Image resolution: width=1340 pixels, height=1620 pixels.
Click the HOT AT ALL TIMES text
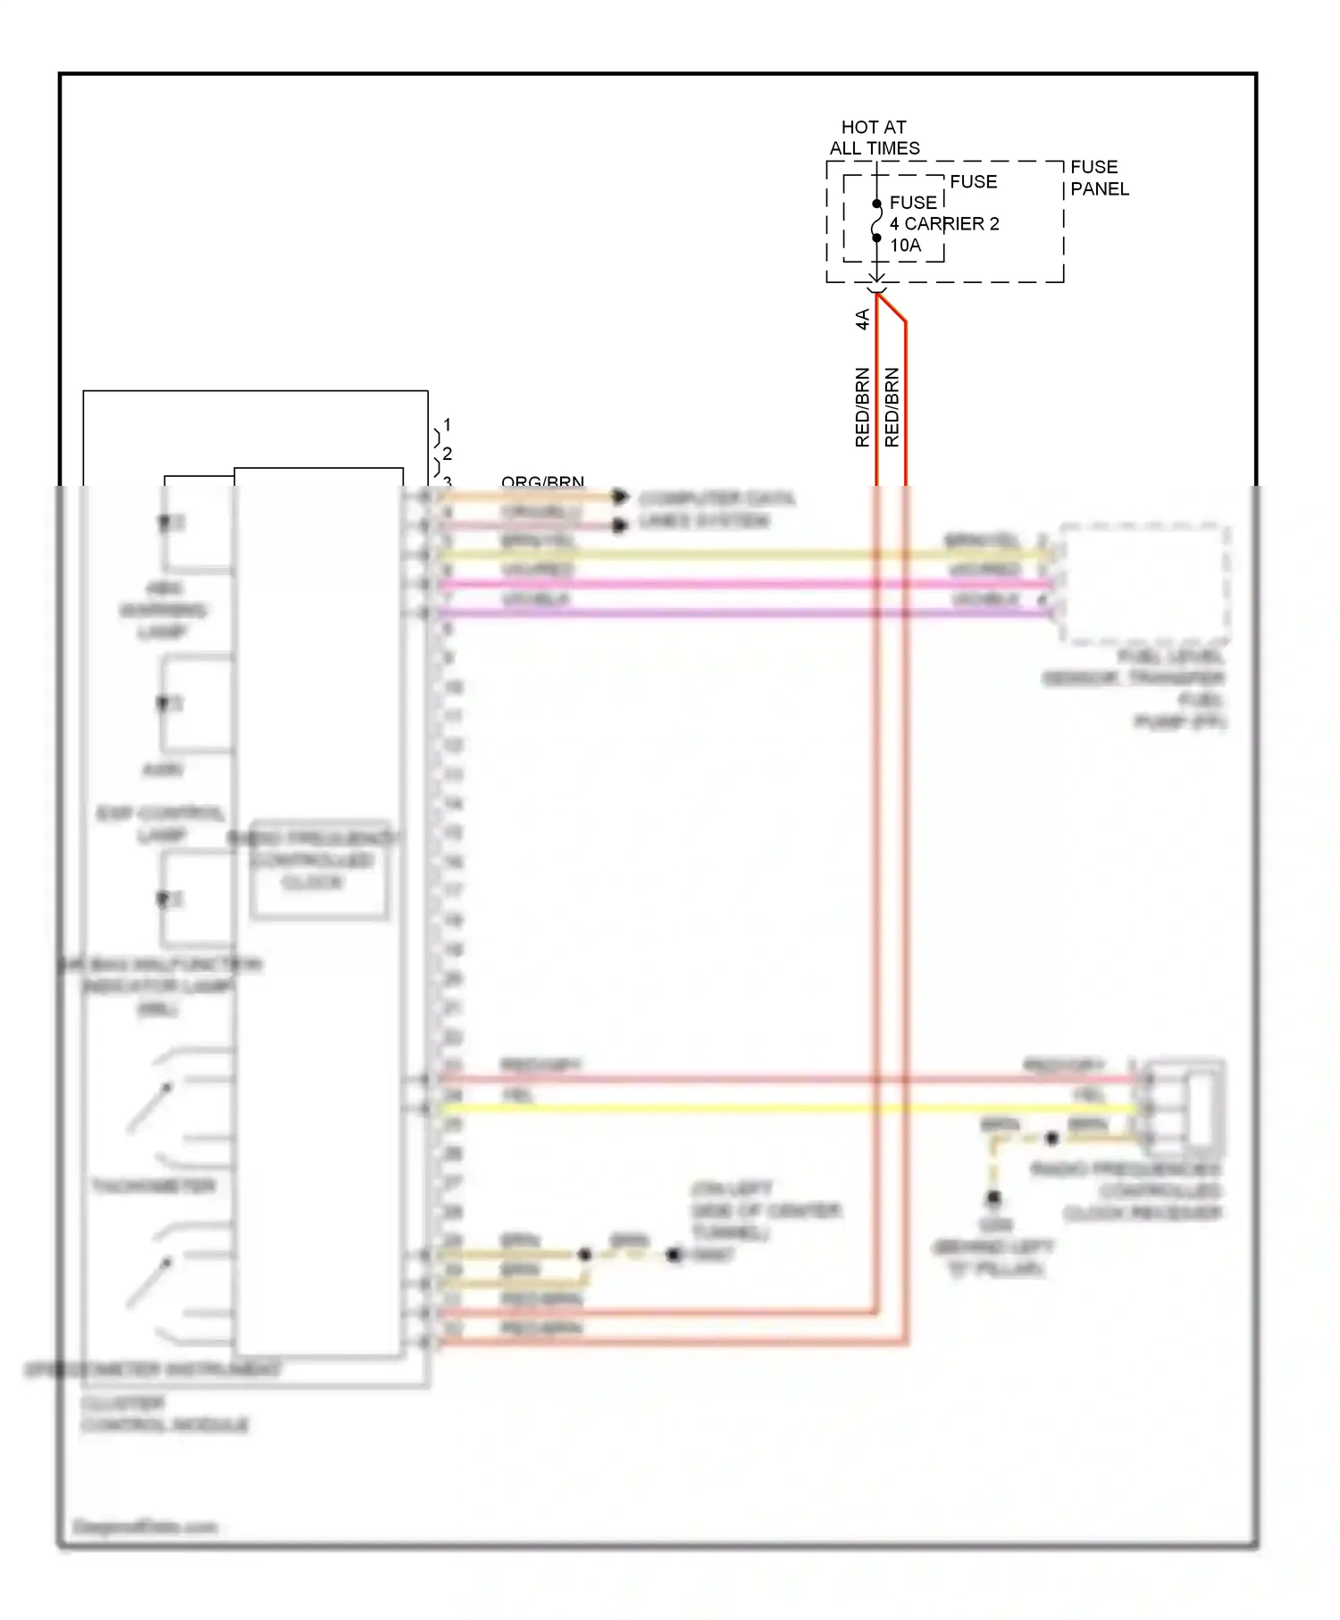click(x=874, y=138)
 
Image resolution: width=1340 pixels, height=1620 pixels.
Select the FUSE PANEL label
click(x=1099, y=178)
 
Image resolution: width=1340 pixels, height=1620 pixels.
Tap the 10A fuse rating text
click(x=905, y=245)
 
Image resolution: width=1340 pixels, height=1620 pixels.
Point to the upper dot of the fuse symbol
click(x=876, y=204)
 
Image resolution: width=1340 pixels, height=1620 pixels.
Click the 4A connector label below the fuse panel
click(x=862, y=319)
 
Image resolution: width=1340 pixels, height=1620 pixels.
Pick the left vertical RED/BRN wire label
click(x=862, y=407)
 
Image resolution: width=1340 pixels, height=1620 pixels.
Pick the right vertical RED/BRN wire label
click(x=892, y=407)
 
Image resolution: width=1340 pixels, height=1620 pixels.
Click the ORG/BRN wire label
click(x=542, y=482)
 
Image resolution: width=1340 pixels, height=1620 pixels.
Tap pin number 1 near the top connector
click(x=447, y=424)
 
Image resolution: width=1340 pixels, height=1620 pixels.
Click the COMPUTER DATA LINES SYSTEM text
click(x=715, y=509)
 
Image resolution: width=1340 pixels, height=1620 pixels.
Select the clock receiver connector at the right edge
click(x=1186, y=1108)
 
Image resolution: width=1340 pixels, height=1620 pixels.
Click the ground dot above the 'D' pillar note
click(x=993, y=1198)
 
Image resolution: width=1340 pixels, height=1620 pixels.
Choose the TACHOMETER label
click(x=154, y=1186)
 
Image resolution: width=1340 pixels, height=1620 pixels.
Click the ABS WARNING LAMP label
click(x=163, y=610)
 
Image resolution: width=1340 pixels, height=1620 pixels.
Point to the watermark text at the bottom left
click(x=145, y=1527)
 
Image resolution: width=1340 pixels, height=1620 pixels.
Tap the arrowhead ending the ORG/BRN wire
click(x=620, y=497)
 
